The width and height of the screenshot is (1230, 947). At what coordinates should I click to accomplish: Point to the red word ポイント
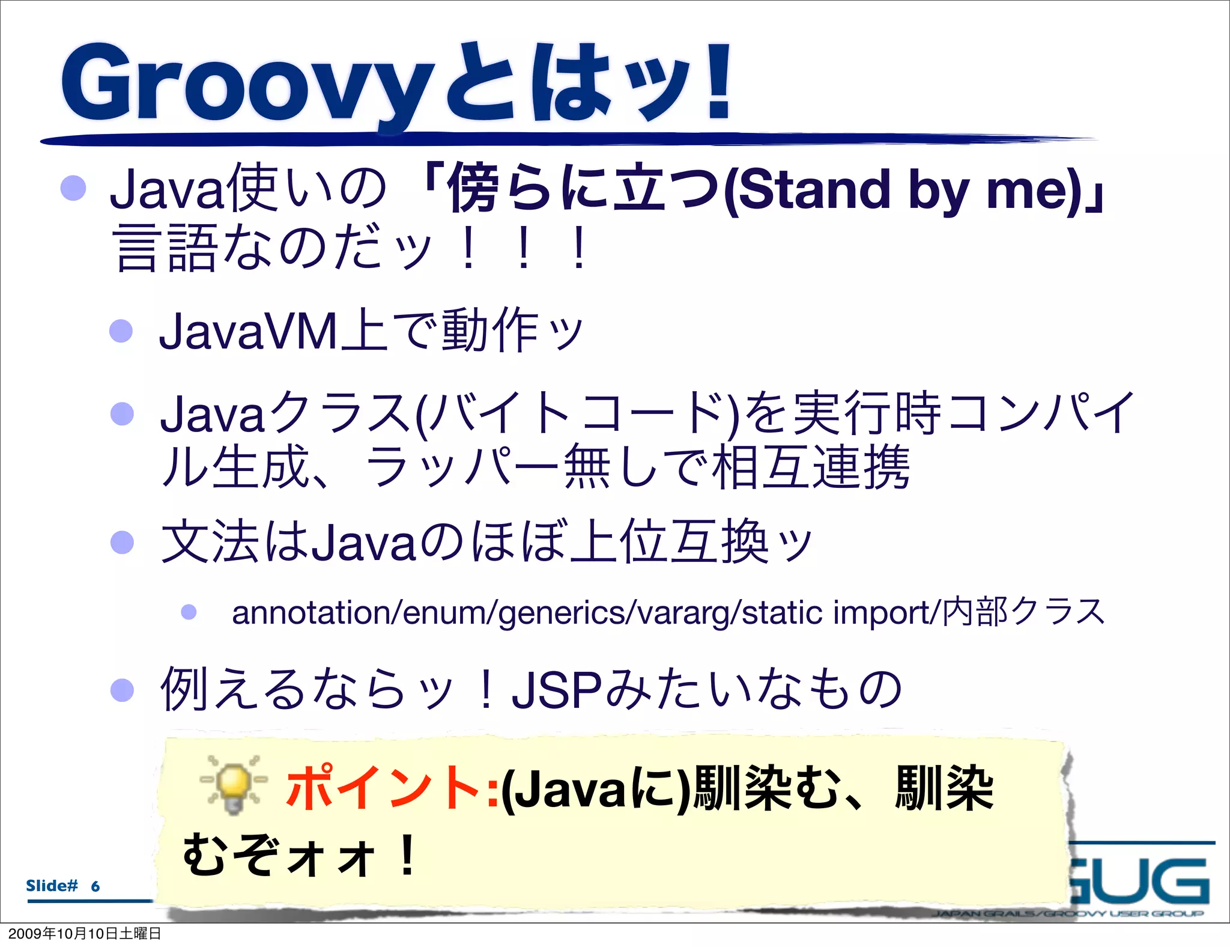tap(385, 787)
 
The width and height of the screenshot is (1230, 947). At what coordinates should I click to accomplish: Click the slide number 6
tap(95, 886)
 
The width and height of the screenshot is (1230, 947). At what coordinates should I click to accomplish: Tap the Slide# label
tap(52, 886)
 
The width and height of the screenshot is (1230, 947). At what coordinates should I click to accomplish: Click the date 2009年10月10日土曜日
tap(85, 934)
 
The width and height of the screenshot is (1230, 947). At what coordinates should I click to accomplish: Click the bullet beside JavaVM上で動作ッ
tap(121, 331)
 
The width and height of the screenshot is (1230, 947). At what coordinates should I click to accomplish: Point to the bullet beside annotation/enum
tap(189, 612)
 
